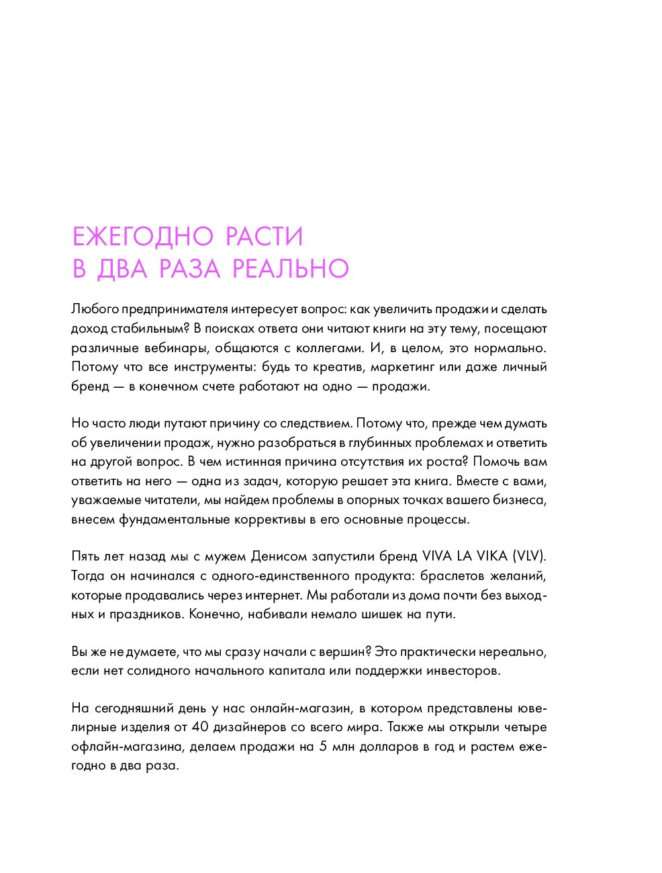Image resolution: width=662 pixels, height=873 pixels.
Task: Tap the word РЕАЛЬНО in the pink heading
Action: click(x=291, y=269)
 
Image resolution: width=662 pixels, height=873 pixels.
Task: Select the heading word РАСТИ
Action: click(x=264, y=237)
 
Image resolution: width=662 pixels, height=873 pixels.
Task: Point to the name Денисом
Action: click(x=279, y=557)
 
